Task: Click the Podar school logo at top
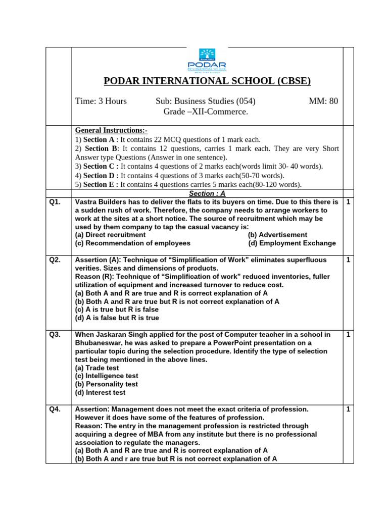click(207, 61)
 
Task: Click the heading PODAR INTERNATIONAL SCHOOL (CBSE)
click(207, 81)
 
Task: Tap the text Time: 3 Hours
click(101, 101)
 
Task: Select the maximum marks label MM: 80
click(323, 101)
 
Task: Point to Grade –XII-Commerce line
click(206, 111)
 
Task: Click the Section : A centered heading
click(207, 193)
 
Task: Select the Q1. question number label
click(55, 202)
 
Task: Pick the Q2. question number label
click(55, 260)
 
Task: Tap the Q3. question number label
click(55, 335)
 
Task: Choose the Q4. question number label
click(55, 409)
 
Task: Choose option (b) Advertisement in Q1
click(277, 235)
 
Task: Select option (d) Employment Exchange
click(292, 243)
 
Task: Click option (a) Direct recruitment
click(110, 235)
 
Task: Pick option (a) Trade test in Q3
click(97, 368)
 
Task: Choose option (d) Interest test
click(100, 392)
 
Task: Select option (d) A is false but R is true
click(117, 318)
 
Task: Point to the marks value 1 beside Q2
click(348, 260)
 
